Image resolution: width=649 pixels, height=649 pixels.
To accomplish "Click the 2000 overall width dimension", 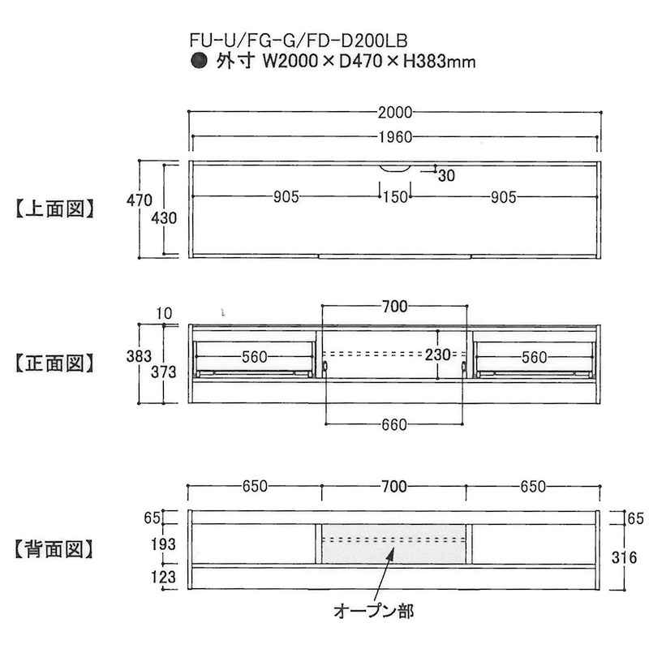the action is pos(395,113).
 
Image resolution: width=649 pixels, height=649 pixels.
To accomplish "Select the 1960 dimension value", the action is pos(396,137).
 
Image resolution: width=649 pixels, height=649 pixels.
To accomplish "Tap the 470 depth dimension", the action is pos(139,200).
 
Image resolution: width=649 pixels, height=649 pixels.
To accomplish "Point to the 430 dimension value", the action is pos(164,218).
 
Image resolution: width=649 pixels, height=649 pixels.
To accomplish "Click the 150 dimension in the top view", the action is pos(395,197).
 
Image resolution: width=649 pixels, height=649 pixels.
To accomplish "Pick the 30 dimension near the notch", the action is pos(447,176).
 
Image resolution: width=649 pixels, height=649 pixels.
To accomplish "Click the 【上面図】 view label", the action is pos(55,209).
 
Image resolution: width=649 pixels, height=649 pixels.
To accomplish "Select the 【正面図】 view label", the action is pos(55,363).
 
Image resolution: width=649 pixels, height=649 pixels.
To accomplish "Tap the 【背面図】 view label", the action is pos(54,549).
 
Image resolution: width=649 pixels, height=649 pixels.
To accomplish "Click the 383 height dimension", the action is pos(139,356).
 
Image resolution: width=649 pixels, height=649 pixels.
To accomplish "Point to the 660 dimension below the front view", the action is pos(394,424).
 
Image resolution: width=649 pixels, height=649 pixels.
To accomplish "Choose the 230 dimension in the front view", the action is pos(438,355).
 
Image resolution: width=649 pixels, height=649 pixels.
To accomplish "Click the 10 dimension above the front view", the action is pos(165,313).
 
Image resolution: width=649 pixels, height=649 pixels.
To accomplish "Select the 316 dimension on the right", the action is pos(624,558).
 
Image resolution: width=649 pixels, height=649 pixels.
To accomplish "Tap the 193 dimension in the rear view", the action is pos(163,544).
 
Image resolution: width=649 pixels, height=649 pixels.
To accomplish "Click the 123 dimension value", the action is pos(163,577).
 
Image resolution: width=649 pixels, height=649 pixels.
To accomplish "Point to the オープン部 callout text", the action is pos(374,611).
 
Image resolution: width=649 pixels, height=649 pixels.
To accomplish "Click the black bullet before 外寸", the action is pos(199,61).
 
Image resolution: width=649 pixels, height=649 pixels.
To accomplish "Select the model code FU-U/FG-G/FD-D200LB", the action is pos(299,41).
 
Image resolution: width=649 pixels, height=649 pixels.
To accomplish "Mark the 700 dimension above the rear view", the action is pos(394,487).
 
